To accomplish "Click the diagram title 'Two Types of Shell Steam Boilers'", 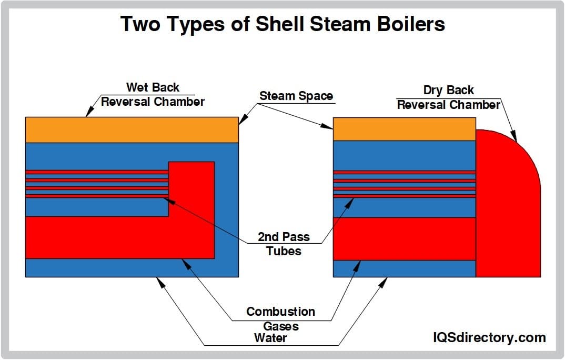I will tap(282, 24).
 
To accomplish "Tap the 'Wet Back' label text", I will tap(153, 87).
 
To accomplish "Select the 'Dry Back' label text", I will tap(448, 90).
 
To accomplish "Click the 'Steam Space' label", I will tap(296, 96).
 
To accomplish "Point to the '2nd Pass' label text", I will tap(284, 237).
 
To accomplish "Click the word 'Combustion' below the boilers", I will tap(280, 312).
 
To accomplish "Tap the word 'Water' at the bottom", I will tap(270, 338).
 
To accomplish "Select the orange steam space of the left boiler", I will tap(132, 129).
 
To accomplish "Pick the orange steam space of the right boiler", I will tap(404, 129).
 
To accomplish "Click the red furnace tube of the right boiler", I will tap(404, 238).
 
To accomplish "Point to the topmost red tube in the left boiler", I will tap(97, 172).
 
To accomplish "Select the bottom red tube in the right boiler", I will tap(404, 195).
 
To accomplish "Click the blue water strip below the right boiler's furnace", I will tap(404, 268).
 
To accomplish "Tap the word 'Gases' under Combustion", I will tap(280, 326).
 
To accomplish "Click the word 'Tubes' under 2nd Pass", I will tap(284, 251).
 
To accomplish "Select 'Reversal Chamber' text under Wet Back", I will tap(153, 102).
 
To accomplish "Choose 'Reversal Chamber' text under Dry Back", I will tap(448, 105).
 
